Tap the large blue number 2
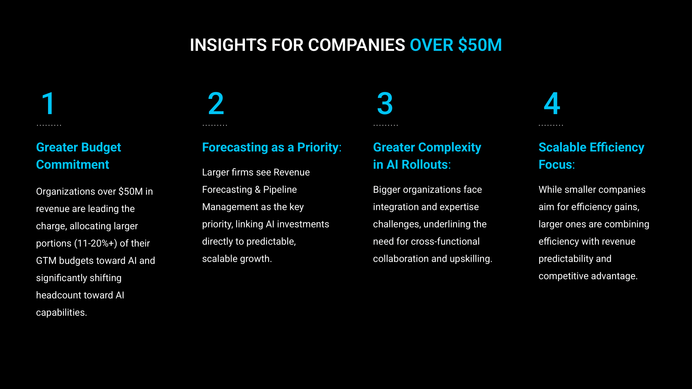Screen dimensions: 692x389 216,103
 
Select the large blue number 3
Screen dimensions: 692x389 385,103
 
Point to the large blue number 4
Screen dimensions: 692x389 552,103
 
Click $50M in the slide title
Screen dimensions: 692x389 480,45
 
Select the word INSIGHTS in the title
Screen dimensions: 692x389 228,45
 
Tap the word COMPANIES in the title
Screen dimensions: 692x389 356,45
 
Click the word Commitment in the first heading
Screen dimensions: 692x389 73,165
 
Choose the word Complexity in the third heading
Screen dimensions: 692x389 449,148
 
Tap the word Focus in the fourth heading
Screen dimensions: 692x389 555,165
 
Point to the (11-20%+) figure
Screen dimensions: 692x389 95,243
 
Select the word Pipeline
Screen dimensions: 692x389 280,190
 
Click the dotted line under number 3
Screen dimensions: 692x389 386,125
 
